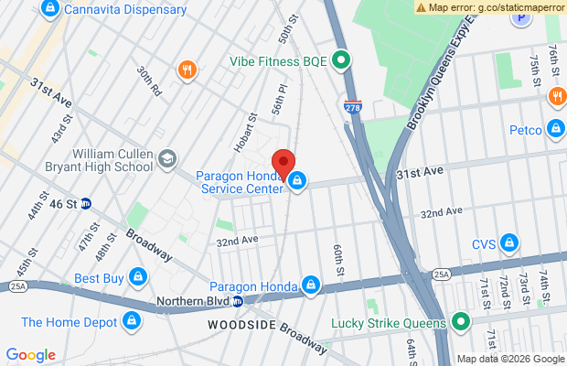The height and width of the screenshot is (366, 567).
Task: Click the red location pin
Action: point(283,163)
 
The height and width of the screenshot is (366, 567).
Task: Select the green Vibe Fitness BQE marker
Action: point(341,61)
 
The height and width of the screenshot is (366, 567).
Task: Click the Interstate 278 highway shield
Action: point(352,107)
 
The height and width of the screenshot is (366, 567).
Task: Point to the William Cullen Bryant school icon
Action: point(166,159)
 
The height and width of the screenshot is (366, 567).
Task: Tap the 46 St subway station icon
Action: point(85,203)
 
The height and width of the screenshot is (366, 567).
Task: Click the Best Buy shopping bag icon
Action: point(137,276)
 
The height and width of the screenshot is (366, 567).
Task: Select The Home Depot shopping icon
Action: point(133,321)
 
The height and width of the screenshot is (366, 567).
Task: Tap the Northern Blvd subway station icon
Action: point(237,301)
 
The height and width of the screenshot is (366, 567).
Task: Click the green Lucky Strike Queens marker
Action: point(461,321)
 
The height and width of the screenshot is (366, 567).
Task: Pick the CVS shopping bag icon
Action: point(509,243)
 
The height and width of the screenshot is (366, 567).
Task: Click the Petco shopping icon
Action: point(555,129)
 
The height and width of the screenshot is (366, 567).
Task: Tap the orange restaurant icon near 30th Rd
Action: point(187,70)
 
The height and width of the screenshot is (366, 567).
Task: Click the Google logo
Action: point(30,355)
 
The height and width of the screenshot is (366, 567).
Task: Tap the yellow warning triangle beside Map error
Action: point(421,6)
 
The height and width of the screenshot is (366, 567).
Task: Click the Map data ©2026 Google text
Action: point(510,359)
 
